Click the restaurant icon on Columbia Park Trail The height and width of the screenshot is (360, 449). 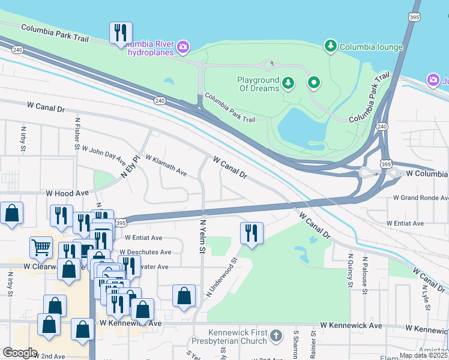[121, 33]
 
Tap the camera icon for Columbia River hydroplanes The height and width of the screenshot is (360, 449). [182, 47]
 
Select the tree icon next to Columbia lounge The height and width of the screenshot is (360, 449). [330, 46]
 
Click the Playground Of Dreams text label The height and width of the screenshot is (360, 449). [258, 84]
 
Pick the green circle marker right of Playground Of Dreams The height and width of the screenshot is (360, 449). [313, 83]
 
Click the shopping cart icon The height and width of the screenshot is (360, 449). [41, 247]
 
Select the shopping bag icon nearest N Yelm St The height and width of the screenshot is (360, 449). [184, 296]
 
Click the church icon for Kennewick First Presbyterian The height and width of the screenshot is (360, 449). [276, 335]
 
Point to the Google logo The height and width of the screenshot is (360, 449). [20, 352]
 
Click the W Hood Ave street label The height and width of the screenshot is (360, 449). [67, 194]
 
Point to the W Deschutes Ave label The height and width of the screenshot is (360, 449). [145, 252]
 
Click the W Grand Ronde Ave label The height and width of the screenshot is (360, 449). [420, 197]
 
